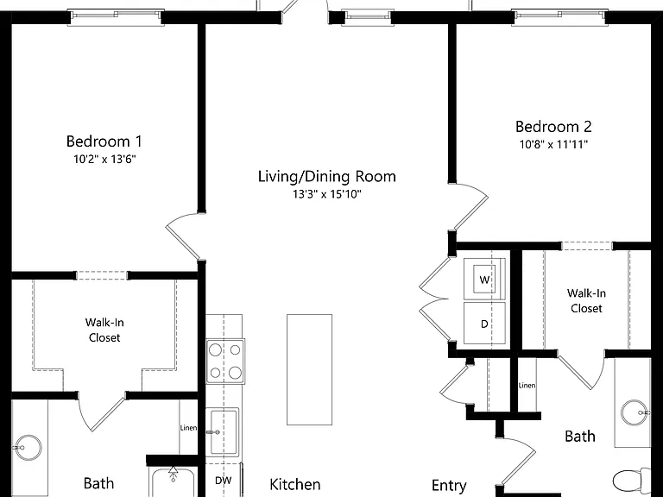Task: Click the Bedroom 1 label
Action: pyautogui.click(x=104, y=142)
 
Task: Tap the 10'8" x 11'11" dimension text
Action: pyautogui.click(x=553, y=145)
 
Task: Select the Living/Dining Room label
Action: pyautogui.click(x=327, y=176)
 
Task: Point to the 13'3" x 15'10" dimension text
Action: pyautogui.click(x=327, y=194)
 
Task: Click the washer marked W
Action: pyautogui.click(x=484, y=279)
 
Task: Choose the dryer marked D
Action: pyautogui.click(x=484, y=324)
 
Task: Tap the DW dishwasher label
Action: pyautogui.click(x=224, y=481)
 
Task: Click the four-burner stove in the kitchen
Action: pyautogui.click(x=225, y=362)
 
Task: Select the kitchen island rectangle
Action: pyautogui.click(x=310, y=369)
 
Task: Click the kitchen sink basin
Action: pyautogui.click(x=224, y=431)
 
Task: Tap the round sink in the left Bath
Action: pyautogui.click(x=28, y=447)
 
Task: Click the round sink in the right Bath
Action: pyautogui.click(x=635, y=413)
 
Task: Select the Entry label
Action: pyautogui.click(x=449, y=486)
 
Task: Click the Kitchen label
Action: pyautogui.click(x=295, y=484)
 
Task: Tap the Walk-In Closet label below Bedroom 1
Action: pyautogui.click(x=104, y=330)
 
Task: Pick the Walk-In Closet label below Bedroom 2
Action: pyautogui.click(x=586, y=300)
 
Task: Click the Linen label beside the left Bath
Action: pyautogui.click(x=188, y=428)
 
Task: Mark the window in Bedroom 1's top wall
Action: pyautogui.click(x=116, y=17)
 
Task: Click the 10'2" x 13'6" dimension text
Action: pyautogui.click(x=104, y=160)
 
